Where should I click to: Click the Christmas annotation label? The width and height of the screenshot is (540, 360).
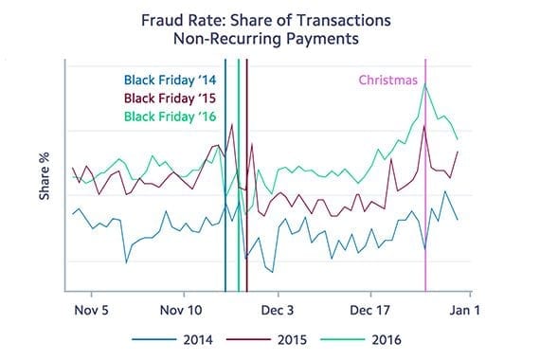click(x=387, y=81)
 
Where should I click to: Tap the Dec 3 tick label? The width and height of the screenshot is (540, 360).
click(x=277, y=309)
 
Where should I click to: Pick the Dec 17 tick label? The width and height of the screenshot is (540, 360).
click(x=370, y=309)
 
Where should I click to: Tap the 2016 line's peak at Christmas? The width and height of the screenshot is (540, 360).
click(x=426, y=85)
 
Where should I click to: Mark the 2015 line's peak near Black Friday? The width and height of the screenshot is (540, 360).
click(x=230, y=125)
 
